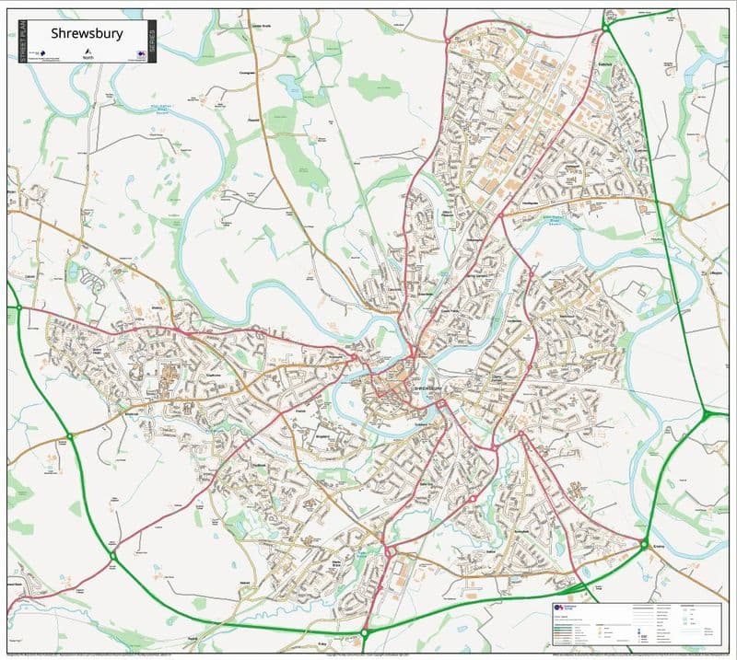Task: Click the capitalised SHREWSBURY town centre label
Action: point(430,389)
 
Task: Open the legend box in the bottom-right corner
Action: point(637,621)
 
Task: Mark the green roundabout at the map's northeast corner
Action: point(606,29)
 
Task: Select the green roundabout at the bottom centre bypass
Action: point(365,633)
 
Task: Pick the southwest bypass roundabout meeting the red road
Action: point(112,555)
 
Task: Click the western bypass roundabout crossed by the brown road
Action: point(69,435)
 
